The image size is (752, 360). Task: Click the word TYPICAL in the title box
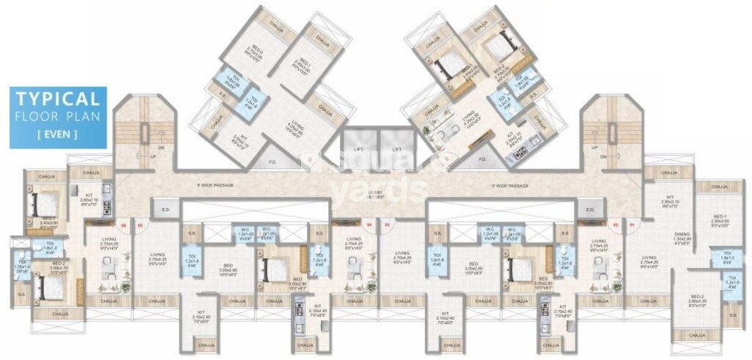(58, 99)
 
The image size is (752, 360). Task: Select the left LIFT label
(358, 149)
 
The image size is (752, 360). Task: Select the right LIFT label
(398, 149)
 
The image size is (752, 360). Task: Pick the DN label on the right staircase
(604, 156)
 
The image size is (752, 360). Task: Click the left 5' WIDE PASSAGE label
(214, 185)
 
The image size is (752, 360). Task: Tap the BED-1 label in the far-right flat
(720, 217)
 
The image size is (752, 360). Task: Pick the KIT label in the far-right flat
(670, 197)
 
